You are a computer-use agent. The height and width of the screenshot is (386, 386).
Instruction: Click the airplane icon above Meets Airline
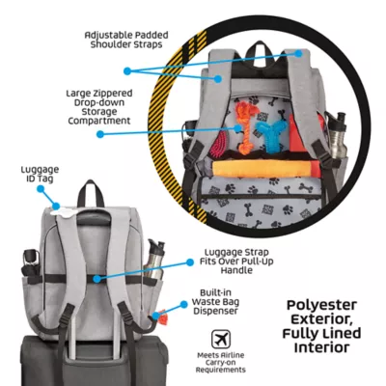click(221, 339)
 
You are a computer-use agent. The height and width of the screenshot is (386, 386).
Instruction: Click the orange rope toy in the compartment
click(248, 126)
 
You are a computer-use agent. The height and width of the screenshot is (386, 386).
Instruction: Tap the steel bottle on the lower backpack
click(154, 260)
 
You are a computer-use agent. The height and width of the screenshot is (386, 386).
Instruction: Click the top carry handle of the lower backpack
click(91, 194)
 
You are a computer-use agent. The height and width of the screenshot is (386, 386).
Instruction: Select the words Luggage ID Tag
click(40, 174)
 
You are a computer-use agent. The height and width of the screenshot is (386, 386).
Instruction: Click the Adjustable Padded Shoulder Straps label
click(126, 40)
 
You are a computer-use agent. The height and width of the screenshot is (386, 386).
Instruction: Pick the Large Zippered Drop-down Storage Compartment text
click(99, 107)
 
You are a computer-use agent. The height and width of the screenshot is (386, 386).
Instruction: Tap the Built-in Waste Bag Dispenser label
click(215, 302)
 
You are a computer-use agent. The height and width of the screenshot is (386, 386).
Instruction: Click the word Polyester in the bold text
click(321, 305)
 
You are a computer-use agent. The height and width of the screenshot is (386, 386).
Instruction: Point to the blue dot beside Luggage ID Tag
click(41, 189)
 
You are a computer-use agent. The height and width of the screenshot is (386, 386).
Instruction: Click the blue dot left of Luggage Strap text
click(190, 262)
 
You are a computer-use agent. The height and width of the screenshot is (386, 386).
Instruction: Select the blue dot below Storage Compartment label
click(100, 134)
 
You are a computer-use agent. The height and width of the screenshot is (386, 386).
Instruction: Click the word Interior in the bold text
click(321, 347)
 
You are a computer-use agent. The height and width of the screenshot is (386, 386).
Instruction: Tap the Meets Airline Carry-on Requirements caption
click(221, 363)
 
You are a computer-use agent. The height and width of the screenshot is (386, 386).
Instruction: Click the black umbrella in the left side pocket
click(31, 263)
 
